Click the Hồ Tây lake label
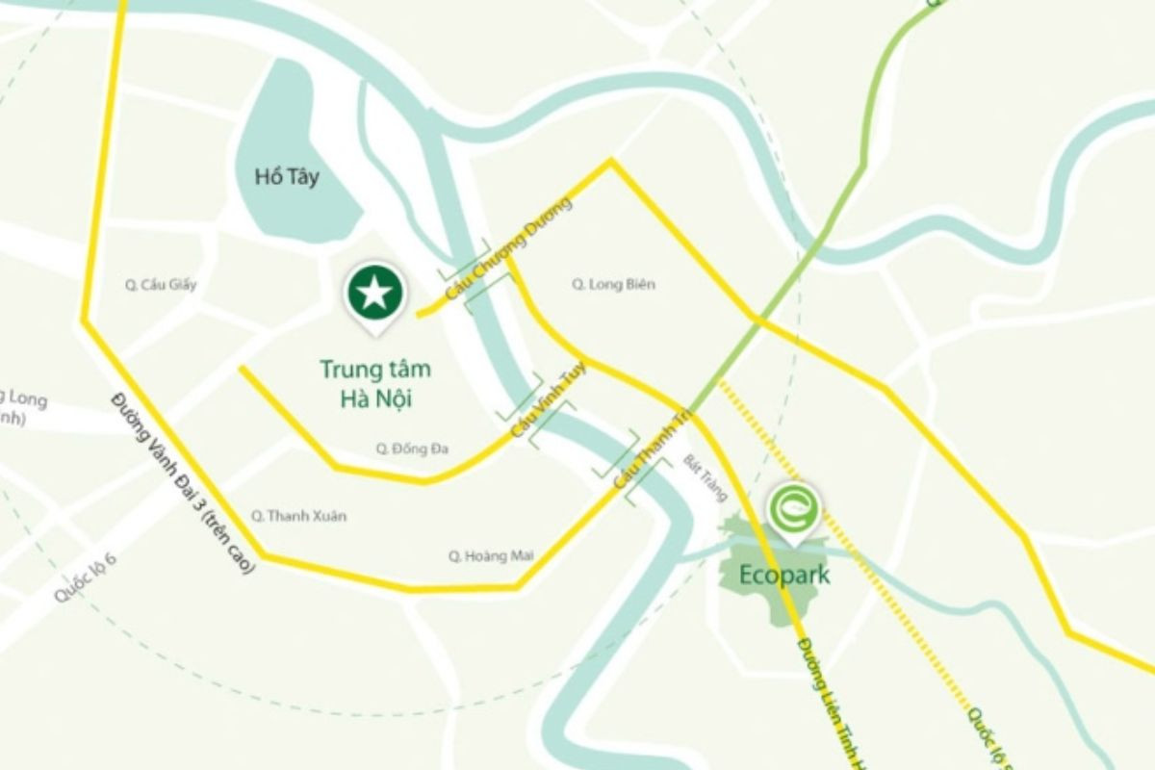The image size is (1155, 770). pos(287,177)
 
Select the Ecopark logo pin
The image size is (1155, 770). pos(793,508)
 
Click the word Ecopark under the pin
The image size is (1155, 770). pos(785,576)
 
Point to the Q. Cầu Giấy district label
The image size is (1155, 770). pos(161,284)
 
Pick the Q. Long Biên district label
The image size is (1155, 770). pos(605,284)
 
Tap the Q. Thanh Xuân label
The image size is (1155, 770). pos(298,516)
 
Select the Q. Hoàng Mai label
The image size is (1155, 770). pos(491,555)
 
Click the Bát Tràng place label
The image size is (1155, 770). pos(706,478)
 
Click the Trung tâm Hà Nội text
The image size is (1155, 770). pos(375,383)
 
